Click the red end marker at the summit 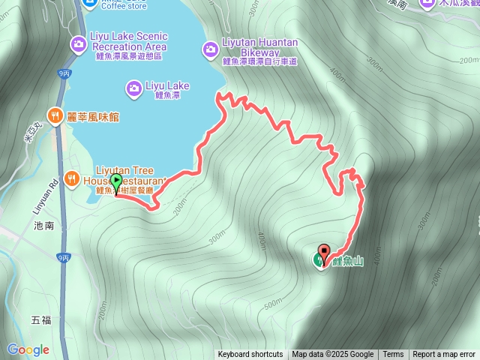coord(324,251)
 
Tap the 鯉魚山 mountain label coord(348,261)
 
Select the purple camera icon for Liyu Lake coord(134,88)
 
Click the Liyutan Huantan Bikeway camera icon coord(211,49)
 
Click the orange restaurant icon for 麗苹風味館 coord(55,115)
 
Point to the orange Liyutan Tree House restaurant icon coord(72,178)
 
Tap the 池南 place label coord(42,224)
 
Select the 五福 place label coord(41,320)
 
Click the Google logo coord(28,349)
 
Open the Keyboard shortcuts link coord(250,355)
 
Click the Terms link coord(393,355)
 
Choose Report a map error coord(444,355)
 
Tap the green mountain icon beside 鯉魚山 coord(318,261)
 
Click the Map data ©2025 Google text coord(332,355)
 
